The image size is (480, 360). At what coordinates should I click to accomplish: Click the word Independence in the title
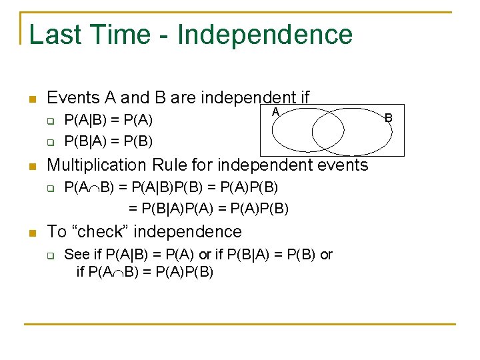[265, 35]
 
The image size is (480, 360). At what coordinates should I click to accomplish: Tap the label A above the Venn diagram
[274, 113]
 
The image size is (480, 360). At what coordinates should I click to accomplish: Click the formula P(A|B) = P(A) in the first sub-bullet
[108, 121]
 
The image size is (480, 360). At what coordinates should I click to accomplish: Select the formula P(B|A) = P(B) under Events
[108, 141]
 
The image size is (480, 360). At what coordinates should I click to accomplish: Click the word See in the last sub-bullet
[76, 255]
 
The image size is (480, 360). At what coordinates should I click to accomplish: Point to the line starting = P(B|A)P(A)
[208, 208]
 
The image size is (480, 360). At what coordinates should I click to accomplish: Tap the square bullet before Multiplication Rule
[31, 166]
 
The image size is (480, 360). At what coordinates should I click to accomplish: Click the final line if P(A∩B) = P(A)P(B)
[145, 272]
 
